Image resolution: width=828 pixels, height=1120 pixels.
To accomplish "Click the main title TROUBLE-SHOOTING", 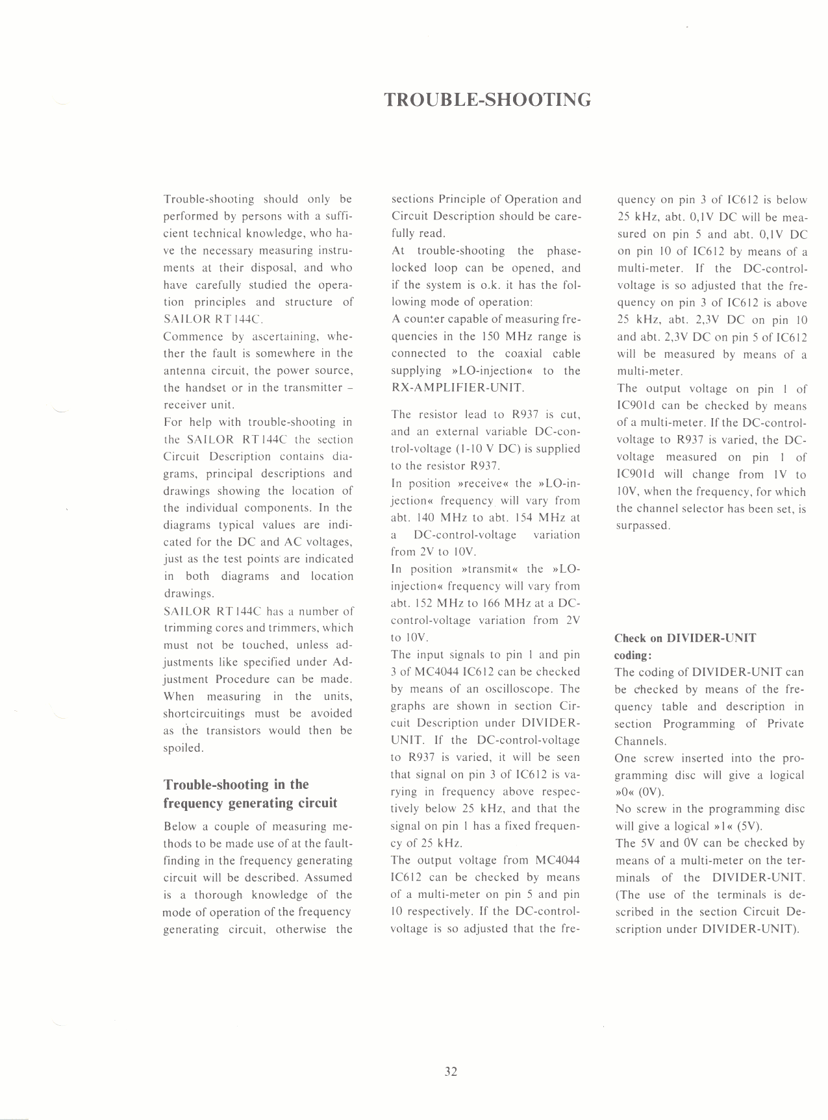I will (487, 100).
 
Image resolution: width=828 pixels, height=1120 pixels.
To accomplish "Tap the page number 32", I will (451, 1071).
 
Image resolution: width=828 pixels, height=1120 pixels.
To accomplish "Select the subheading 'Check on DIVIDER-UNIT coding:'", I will (685, 646).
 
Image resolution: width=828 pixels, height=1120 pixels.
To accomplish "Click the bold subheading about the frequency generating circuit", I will (250, 793).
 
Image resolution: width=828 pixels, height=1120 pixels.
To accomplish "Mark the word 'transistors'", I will (234, 730).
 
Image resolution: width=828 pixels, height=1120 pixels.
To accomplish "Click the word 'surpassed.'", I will (643, 526).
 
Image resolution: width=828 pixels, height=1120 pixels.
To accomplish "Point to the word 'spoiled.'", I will (183, 748).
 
